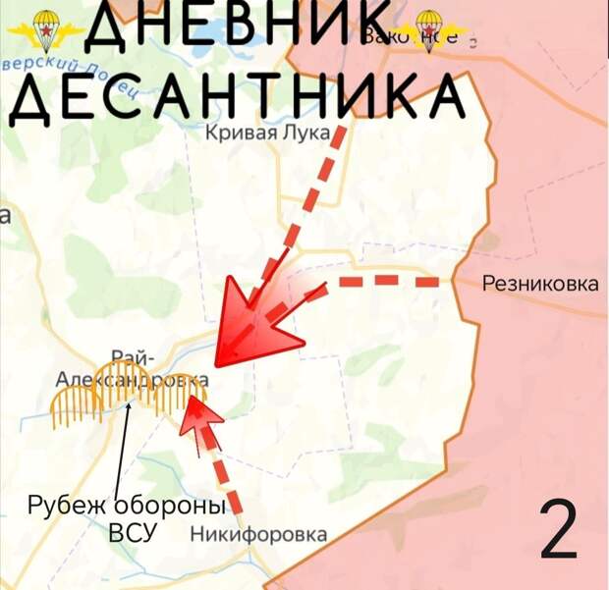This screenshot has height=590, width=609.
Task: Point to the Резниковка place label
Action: [x=540, y=285]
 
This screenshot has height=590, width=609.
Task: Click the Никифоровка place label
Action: [x=258, y=535]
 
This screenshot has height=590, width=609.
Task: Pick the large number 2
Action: [x=559, y=531]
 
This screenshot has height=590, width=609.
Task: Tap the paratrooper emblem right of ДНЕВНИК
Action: [x=428, y=29]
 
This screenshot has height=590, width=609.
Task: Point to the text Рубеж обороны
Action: [x=126, y=507]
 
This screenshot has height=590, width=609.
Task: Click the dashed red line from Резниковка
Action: [x=393, y=283]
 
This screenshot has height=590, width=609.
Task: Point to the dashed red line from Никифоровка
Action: [x=226, y=476]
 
